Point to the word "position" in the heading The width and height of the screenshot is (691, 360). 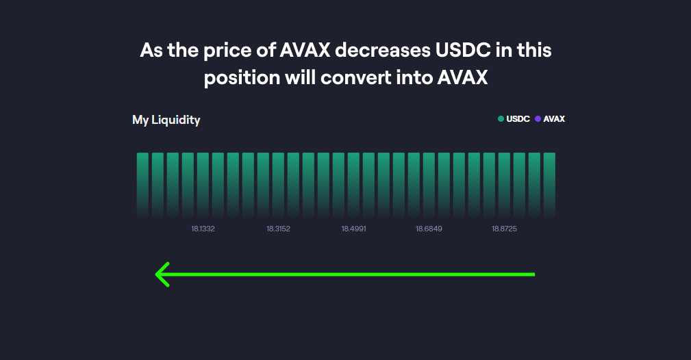242,78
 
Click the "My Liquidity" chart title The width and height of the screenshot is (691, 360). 166,120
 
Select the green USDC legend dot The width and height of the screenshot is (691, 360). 501,119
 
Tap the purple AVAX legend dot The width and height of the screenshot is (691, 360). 538,119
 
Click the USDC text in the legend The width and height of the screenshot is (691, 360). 518,119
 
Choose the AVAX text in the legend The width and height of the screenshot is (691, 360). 554,119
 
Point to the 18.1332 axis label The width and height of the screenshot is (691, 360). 203,229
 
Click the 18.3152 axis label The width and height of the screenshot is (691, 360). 278,229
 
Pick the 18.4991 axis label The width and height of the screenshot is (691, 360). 353,229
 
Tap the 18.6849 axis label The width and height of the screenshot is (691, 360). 429,229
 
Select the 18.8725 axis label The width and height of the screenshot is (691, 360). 504,229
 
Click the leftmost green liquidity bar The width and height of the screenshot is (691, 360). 142,181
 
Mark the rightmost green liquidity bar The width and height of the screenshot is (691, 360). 549,181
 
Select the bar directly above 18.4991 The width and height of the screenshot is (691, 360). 353,181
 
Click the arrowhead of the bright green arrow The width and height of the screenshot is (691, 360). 162,274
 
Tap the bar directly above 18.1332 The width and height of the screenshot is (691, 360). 203,181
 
